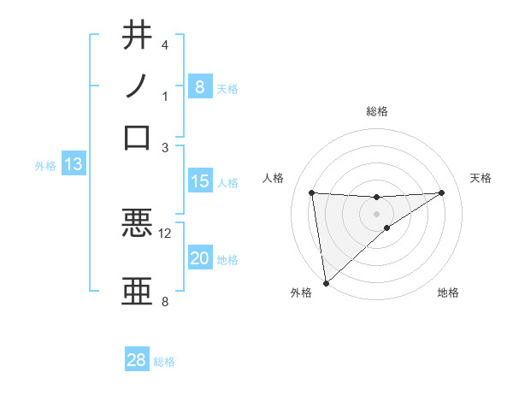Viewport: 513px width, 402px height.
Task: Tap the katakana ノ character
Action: tap(137, 86)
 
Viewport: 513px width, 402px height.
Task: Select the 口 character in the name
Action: tap(137, 137)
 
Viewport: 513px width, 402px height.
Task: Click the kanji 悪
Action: tap(137, 224)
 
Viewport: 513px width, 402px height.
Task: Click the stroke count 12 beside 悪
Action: tap(165, 233)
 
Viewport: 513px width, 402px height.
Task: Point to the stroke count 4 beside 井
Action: tap(165, 44)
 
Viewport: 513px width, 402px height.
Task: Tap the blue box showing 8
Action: tap(199, 86)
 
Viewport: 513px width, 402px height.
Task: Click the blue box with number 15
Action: tap(199, 180)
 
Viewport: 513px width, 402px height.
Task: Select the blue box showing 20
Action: tap(199, 258)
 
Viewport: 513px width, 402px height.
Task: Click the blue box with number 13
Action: tap(73, 164)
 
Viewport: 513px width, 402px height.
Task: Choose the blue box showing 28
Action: tap(136, 360)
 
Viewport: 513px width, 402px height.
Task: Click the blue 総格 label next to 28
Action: tap(164, 362)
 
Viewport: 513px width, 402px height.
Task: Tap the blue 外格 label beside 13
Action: tap(45, 166)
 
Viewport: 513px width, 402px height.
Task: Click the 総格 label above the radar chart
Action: tap(377, 111)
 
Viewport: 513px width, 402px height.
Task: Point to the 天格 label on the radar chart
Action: tap(481, 178)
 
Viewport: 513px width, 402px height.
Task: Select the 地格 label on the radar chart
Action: tap(448, 293)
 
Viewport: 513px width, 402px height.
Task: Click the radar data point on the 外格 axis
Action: tap(326, 282)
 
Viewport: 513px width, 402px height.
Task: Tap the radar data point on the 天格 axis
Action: tap(442, 192)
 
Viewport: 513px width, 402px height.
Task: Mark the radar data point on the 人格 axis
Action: tap(312, 192)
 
